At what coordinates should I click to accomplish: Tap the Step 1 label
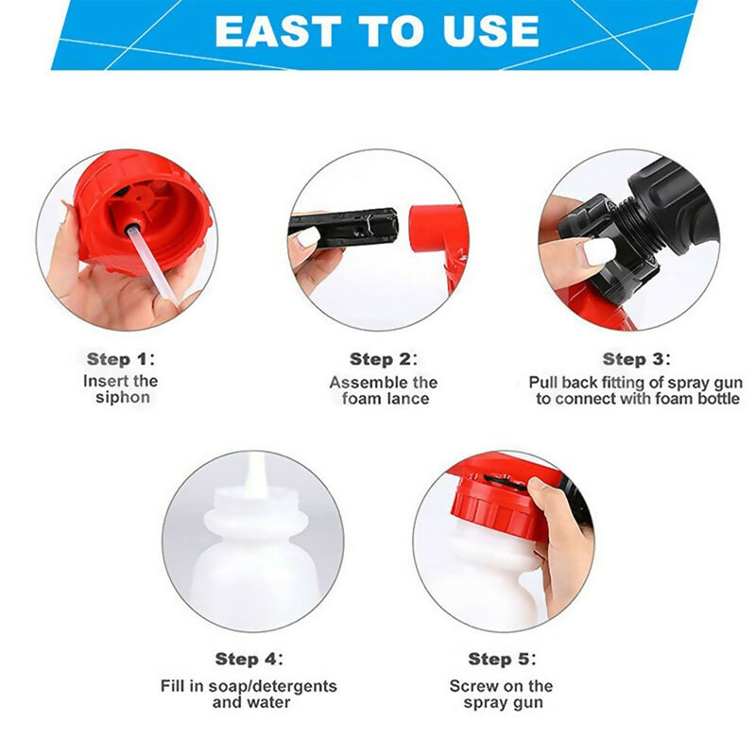(x=120, y=359)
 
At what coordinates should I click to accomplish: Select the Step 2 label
(x=383, y=359)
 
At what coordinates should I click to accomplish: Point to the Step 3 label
(x=636, y=359)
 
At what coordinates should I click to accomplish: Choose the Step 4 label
(x=248, y=659)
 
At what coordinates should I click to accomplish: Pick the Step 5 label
(x=502, y=659)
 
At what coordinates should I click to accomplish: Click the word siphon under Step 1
(x=122, y=398)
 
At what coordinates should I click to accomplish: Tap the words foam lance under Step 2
(x=385, y=399)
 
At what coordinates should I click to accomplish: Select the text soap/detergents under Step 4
(x=274, y=686)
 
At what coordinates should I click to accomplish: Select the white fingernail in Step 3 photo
(x=599, y=251)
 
